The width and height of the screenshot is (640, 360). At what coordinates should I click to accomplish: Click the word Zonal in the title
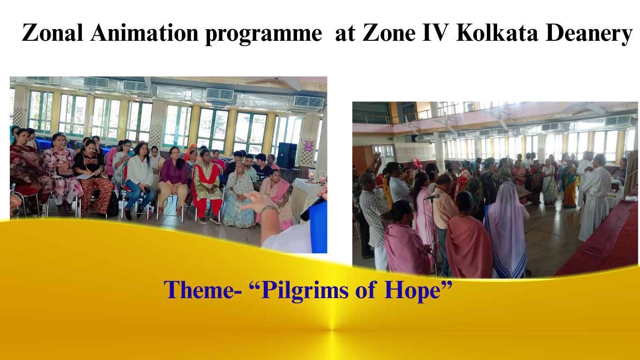pyautogui.click(x=52, y=32)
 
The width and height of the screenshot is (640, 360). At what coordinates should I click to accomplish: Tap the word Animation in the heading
pyautogui.click(x=144, y=32)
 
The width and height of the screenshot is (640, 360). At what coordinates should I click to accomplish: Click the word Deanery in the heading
pyautogui.click(x=589, y=34)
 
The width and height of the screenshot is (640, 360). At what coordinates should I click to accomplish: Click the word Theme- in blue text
pyautogui.click(x=203, y=290)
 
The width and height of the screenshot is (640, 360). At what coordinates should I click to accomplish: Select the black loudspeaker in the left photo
pyautogui.click(x=287, y=156)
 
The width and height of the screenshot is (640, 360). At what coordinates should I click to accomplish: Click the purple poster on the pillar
pyautogui.click(x=309, y=145)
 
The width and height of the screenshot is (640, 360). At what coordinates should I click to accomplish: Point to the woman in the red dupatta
pyautogui.click(x=207, y=187)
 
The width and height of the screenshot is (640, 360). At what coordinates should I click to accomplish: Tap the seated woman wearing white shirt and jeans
pyautogui.click(x=139, y=180)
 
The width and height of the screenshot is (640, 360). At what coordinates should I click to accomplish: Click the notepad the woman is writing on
pyautogui.click(x=85, y=176)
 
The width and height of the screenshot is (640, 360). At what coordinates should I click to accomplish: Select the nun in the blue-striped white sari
pyautogui.click(x=506, y=231)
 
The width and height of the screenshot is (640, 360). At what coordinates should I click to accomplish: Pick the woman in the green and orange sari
pyautogui.click(x=570, y=184)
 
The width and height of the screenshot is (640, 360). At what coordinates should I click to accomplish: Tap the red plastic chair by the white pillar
pyautogui.click(x=417, y=164)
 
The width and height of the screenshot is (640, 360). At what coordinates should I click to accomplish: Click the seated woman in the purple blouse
pyautogui.click(x=173, y=180)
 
